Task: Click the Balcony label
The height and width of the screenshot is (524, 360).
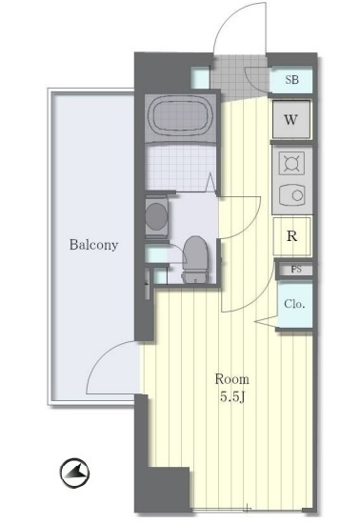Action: [93, 245]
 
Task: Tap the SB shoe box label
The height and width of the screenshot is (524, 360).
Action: [291, 79]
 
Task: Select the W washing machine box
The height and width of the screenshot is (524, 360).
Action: [291, 119]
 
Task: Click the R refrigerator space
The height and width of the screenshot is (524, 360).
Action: [291, 236]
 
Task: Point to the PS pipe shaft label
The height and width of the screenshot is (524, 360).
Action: [296, 270]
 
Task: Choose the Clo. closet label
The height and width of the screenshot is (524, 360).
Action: [294, 304]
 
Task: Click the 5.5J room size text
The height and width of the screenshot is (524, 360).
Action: [232, 396]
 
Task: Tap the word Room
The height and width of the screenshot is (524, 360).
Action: [231, 379]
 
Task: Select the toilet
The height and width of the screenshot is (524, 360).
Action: [195, 259]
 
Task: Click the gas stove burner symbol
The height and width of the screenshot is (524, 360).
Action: [291, 163]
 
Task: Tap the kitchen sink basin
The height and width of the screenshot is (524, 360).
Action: [291, 194]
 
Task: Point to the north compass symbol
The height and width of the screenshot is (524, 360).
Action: [75, 473]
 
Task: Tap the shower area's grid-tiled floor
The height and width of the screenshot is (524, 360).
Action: [180, 169]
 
